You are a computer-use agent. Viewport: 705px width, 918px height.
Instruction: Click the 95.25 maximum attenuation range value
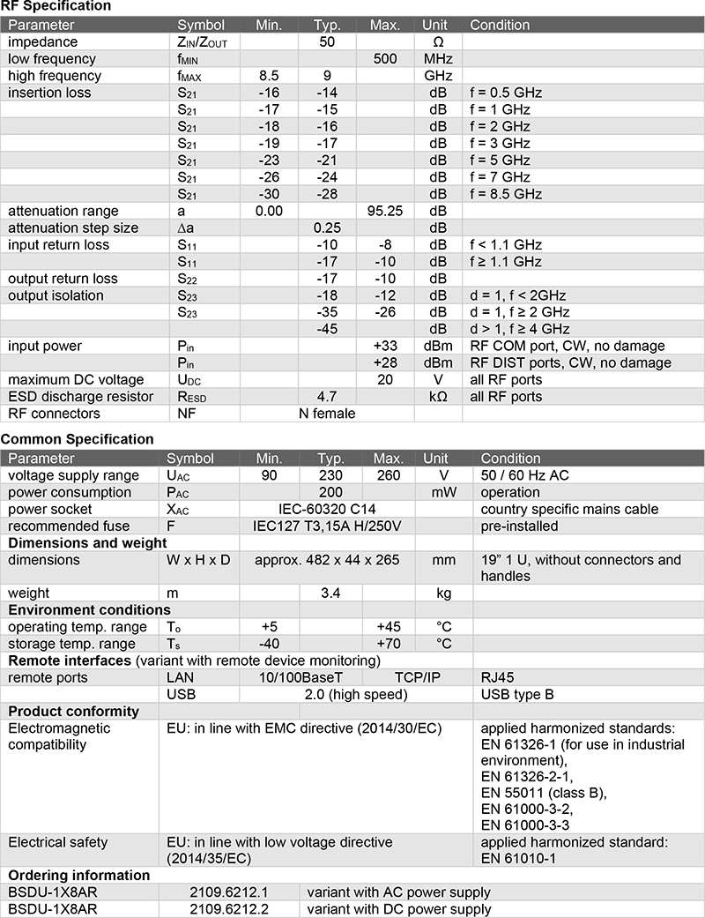click(x=385, y=211)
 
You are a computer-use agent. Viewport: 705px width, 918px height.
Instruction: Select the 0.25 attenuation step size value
click(x=327, y=228)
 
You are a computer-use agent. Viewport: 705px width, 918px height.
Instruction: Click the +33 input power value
click(x=385, y=346)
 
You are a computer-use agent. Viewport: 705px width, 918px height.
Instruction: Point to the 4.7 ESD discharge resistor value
click(x=327, y=396)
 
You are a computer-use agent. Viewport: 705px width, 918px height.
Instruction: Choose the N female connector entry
click(x=327, y=413)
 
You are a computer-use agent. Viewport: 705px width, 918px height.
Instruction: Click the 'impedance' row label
click(x=43, y=42)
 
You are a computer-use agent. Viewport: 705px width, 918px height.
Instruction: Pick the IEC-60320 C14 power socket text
click(x=326, y=509)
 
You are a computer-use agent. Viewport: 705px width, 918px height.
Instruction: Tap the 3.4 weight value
click(x=330, y=593)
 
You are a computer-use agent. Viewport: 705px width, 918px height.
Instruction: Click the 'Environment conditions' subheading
click(x=89, y=610)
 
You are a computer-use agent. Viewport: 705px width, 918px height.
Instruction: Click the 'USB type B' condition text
click(x=517, y=694)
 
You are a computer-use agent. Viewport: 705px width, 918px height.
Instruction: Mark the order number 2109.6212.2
click(x=228, y=909)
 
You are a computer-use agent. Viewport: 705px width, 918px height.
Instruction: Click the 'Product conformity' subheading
click(x=74, y=711)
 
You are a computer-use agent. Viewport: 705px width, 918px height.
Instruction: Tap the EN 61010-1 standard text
click(x=518, y=858)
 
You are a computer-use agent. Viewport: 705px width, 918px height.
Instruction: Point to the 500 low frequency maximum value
click(x=385, y=59)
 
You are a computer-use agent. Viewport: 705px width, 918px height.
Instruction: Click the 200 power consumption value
click(x=330, y=492)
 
